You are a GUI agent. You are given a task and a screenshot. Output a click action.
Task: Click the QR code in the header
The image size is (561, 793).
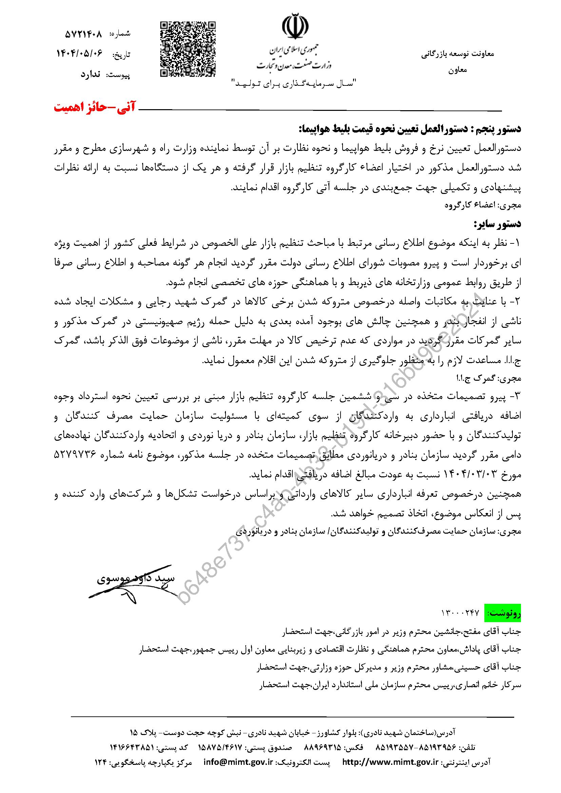188,49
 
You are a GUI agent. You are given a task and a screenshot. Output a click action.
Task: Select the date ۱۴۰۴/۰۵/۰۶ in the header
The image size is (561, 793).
80,53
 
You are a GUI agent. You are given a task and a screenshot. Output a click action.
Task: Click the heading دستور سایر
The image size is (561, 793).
497,224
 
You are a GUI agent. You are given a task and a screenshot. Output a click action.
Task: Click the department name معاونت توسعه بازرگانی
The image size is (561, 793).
458,54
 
